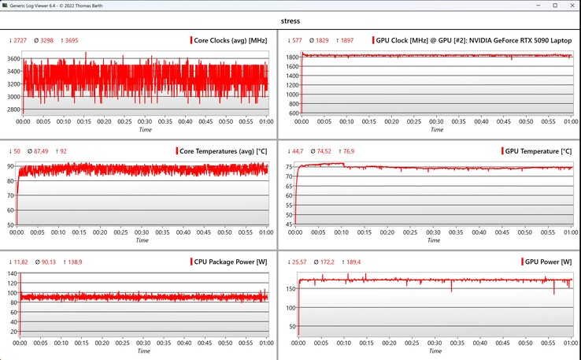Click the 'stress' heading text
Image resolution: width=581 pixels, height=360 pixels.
tap(290, 21)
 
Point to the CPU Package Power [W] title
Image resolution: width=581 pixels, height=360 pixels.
tap(225, 261)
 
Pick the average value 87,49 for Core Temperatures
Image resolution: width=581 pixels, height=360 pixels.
tap(41, 150)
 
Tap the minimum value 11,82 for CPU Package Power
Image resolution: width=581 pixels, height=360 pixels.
tap(18, 261)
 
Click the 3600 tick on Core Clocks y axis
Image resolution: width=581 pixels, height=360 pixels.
tap(12, 59)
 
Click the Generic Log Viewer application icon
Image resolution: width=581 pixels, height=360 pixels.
tap(6, 6)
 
